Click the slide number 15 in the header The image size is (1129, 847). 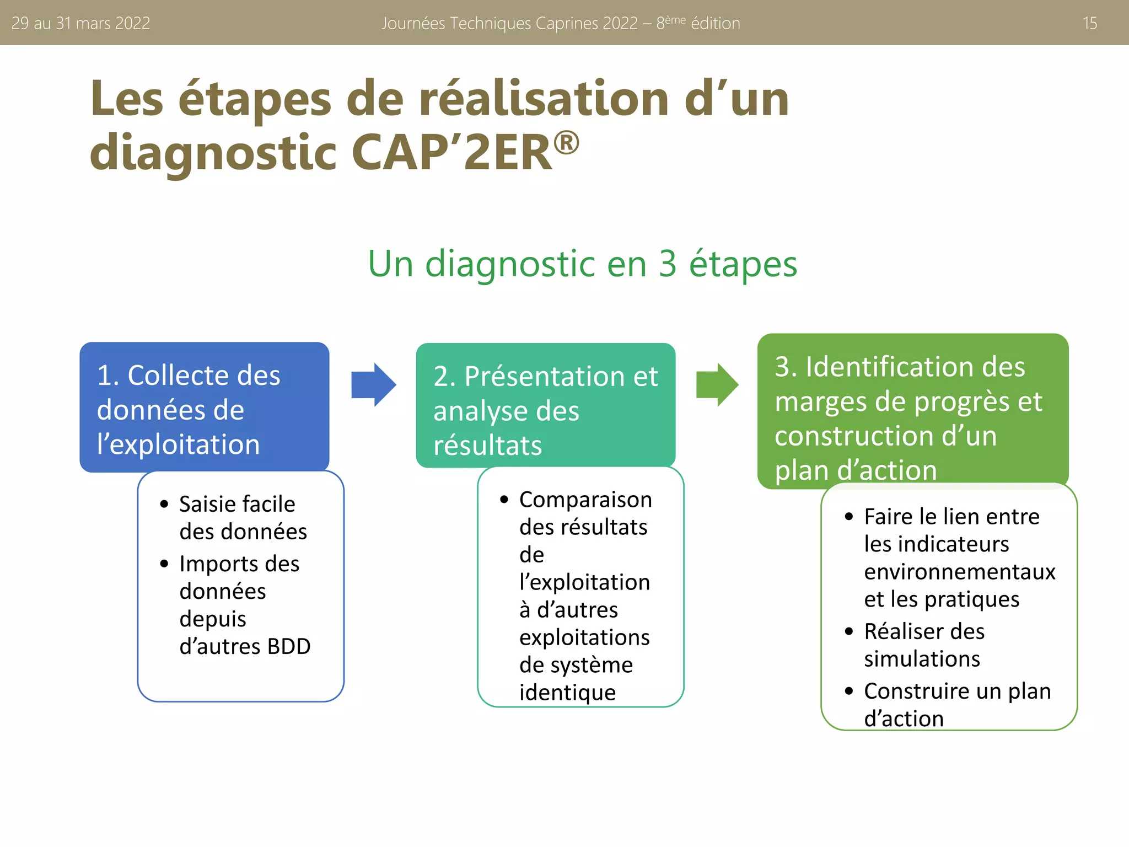[x=1089, y=23]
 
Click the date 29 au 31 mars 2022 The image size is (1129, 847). [x=80, y=23]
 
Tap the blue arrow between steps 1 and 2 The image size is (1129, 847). [x=373, y=384]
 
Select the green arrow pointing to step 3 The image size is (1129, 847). [x=717, y=384]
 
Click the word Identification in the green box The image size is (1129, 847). [x=915, y=367]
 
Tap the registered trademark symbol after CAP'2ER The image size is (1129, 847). [x=566, y=143]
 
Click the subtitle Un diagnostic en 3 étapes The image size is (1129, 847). [x=582, y=264]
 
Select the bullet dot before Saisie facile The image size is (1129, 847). [x=164, y=504]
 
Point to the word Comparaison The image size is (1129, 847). [x=585, y=500]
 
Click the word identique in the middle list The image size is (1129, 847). [x=567, y=693]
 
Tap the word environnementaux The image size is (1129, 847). [x=959, y=572]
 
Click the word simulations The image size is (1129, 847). [x=922, y=659]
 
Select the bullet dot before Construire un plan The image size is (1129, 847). [x=849, y=691]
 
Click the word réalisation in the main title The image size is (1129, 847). [x=544, y=99]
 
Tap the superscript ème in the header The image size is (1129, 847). [x=675, y=19]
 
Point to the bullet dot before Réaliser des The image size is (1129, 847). [x=849, y=631]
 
